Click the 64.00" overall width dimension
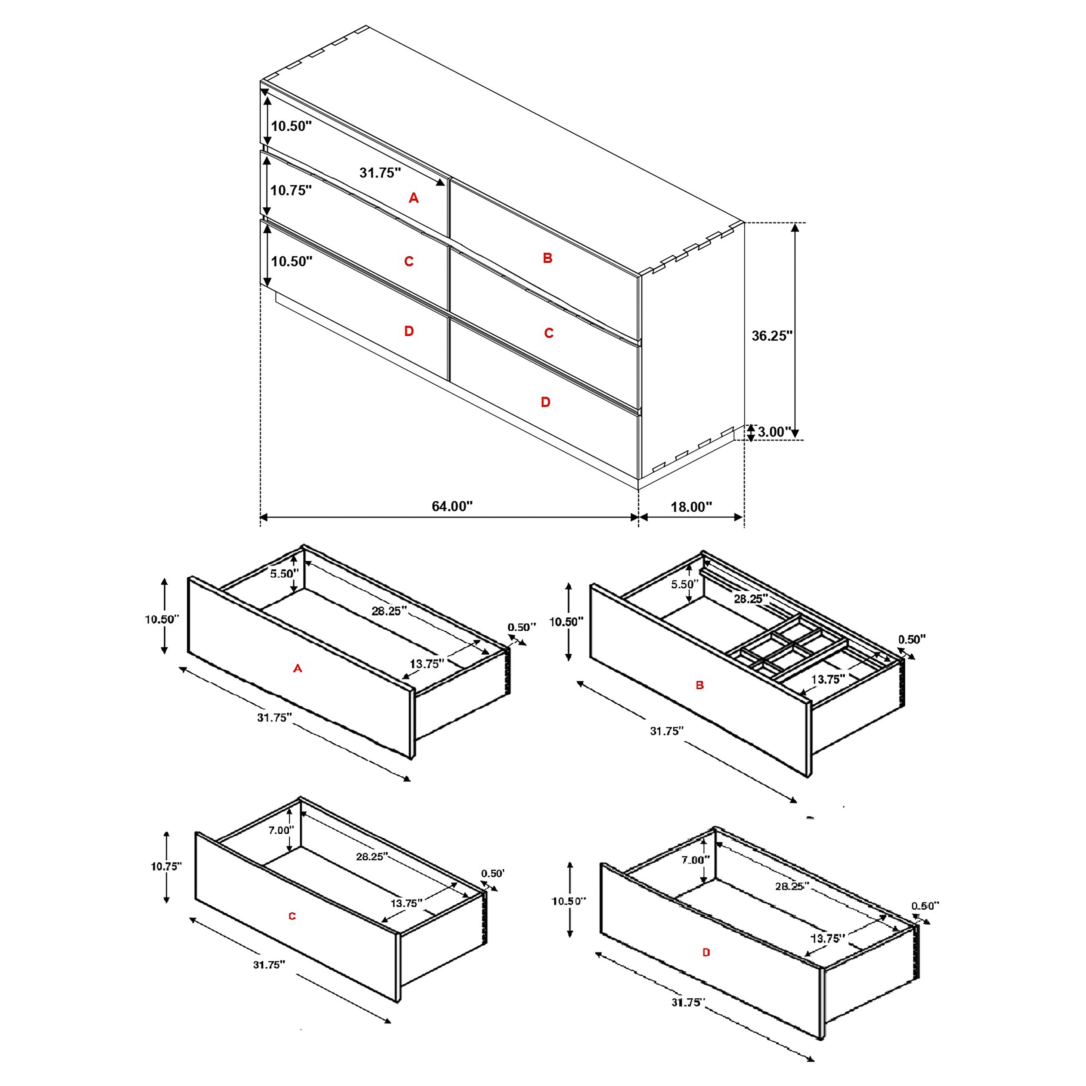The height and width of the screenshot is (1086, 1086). pyautogui.click(x=452, y=506)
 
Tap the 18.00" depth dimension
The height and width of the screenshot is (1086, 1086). pyautogui.click(x=691, y=507)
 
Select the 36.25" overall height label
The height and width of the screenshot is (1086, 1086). pyautogui.click(x=772, y=336)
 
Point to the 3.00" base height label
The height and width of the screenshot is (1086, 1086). pyautogui.click(x=774, y=432)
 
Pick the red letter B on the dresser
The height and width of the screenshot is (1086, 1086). pyautogui.click(x=547, y=258)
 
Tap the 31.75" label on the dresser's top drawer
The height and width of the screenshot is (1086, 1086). pyautogui.click(x=381, y=172)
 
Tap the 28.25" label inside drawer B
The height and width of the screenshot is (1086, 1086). pyautogui.click(x=750, y=599)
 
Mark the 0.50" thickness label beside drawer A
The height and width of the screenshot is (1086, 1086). pyautogui.click(x=522, y=627)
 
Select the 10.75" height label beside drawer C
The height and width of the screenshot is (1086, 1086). pyautogui.click(x=166, y=866)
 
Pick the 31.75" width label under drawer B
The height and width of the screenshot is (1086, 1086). pyautogui.click(x=667, y=731)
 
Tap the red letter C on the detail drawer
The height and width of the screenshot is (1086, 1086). pyautogui.click(x=292, y=916)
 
